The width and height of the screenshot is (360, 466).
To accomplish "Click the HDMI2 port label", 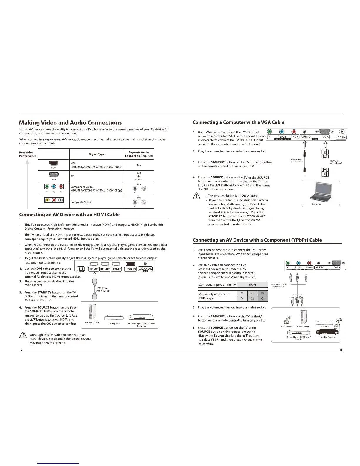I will pos(105,269).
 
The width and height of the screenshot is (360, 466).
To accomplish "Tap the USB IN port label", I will pos(131,269).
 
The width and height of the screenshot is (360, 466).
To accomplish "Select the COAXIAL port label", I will pos(145,269).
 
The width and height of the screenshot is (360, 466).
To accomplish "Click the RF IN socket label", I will pos(341,137).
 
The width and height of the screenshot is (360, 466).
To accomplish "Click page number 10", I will pos(21,349).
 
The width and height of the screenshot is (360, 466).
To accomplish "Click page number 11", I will pos(340,349).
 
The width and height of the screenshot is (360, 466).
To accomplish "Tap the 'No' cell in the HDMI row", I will pos(139,165).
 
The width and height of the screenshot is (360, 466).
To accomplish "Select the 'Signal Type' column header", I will pos(97,154).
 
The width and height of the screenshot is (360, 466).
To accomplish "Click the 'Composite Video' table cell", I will pos(81,202).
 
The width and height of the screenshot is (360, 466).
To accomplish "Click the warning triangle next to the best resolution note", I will pos(196,198).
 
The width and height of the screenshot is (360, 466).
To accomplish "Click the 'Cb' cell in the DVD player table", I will pos(252,299).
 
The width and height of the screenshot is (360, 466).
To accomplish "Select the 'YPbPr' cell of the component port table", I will pos(252,285).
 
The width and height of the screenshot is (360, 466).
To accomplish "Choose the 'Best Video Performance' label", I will pos(27,154).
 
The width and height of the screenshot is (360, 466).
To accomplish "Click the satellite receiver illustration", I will pos(327,332).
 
